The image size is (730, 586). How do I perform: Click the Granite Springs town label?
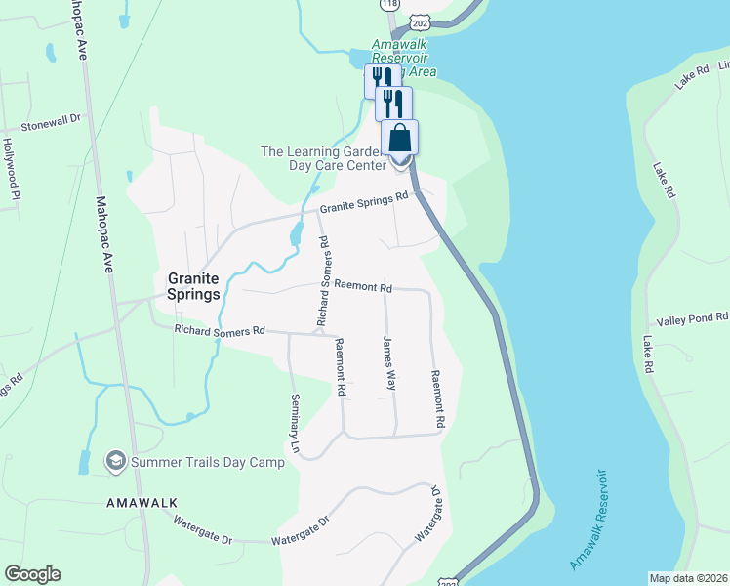(193, 285)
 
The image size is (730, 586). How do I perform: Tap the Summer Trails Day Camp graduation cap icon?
(116, 461)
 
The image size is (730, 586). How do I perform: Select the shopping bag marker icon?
(400, 137)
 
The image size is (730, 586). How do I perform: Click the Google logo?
(32, 574)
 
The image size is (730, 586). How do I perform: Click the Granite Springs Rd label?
(364, 201)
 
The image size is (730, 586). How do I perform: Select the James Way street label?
(389, 363)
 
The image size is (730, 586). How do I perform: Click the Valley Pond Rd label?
(692, 318)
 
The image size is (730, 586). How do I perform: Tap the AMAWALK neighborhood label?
(142, 502)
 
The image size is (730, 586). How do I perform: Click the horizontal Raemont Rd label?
(362, 288)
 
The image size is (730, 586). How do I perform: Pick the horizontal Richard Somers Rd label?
(220, 331)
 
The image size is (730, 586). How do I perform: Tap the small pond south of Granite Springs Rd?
(296, 235)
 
